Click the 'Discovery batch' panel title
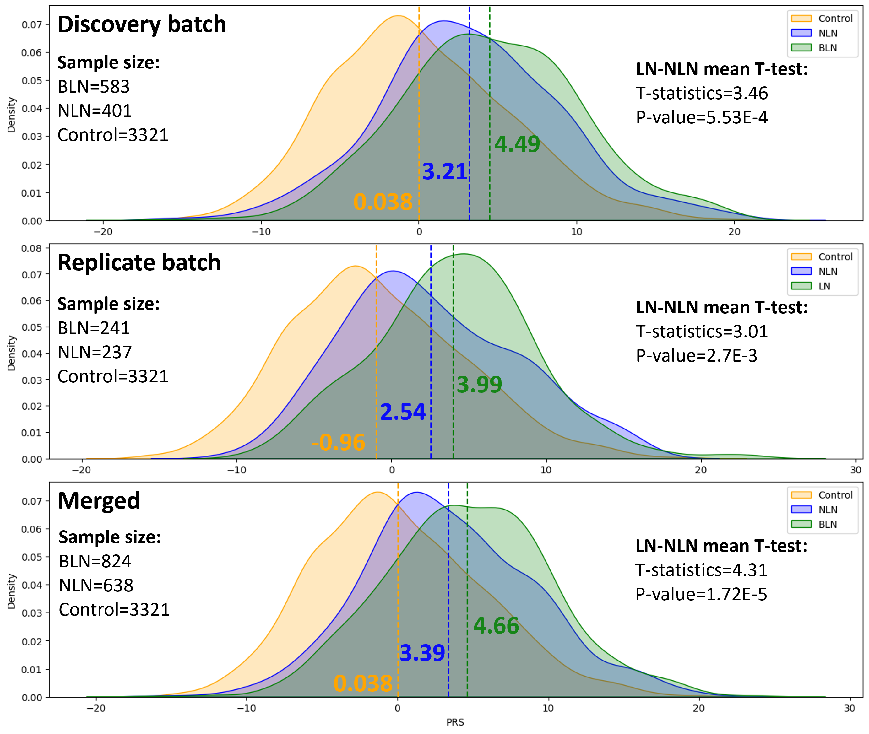click(x=142, y=24)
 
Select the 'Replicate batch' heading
click(x=139, y=262)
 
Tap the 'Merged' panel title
click(x=99, y=500)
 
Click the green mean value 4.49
click(x=517, y=144)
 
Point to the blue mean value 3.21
click(x=444, y=171)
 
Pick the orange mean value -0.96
click(x=338, y=442)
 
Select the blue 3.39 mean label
click(x=422, y=653)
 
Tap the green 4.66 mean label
click(x=496, y=625)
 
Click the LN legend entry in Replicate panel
click(x=824, y=286)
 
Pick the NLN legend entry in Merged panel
click(x=827, y=510)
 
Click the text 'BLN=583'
click(x=94, y=87)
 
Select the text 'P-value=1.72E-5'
click(x=701, y=594)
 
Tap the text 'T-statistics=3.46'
click(x=702, y=93)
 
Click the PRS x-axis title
click(x=455, y=722)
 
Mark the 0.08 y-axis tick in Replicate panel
click(x=32, y=248)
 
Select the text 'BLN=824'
click(x=95, y=562)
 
